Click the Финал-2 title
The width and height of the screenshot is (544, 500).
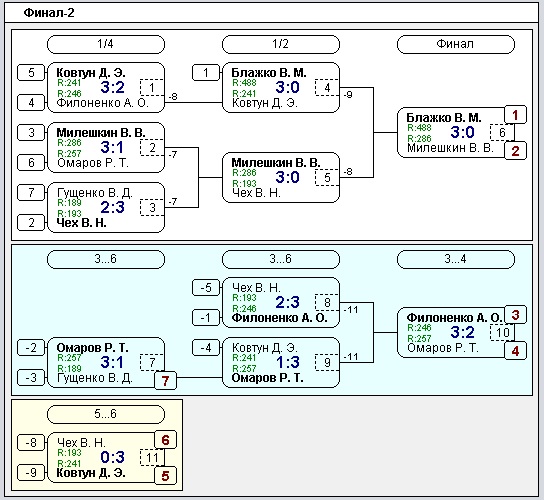pyautogui.click(x=49, y=13)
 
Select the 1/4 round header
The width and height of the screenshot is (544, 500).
pyautogui.click(x=105, y=44)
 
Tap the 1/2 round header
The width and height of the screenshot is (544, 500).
pyautogui.click(x=280, y=44)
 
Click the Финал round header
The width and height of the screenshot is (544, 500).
pyautogui.click(x=456, y=44)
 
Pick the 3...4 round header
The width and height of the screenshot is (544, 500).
pyautogui.click(x=456, y=259)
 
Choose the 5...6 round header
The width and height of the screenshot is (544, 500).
pyautogui.click(x=105, y=414)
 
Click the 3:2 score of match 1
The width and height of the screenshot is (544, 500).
pyautogui.click(x=112, y=87)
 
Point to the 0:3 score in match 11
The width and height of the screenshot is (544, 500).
pyautogui.click(x=112, y=457)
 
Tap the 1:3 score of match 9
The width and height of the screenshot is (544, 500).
pyautogui.click(x=288, y=362)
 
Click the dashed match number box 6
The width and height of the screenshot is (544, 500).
pyautogui.click(x=502, y=133)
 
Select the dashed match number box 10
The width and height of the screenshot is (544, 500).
pyautogui.click(x=502, y=332)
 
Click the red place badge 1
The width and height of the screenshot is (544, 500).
pyautogui.click(x=515, y=115)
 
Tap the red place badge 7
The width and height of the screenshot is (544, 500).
pyautogui.click(x=165, y=381)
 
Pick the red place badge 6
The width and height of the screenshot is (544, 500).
pyautogui.click(x=165, y=440)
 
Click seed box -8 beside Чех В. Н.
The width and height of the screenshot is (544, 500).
pyautogui.click(x=31, y=443)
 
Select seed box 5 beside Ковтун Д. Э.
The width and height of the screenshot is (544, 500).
pyautogui.click(x=31, y=73)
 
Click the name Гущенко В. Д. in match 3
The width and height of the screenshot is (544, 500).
pyautogui.click(x=94, y=193)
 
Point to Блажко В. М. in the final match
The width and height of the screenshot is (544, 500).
pyautogui.click(x=444, y=118)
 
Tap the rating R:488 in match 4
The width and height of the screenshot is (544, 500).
pyautogui.click(x=244, y=83)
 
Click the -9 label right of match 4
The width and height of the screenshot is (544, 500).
pyautogui.click(x=348, y=94)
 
